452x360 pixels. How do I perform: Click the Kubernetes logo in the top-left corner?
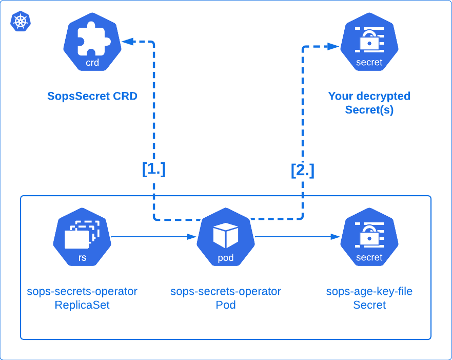point(21,21)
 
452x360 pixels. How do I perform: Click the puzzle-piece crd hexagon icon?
point(92,42)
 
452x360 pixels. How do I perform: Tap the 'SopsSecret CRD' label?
point(92,96)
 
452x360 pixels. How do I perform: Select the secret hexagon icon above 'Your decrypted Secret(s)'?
point(369,42)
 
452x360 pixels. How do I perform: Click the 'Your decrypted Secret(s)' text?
point(369,103)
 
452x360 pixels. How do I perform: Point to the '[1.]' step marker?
point(154,169)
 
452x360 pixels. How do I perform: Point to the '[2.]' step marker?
point(303,169)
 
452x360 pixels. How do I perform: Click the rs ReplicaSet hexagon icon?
point(82,237)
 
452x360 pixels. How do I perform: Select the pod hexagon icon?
point(226,237)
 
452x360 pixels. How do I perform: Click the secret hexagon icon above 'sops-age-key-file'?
point(369,237)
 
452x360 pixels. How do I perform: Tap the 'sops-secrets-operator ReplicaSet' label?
point(82,298)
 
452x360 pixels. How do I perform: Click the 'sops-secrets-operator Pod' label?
point(226,298)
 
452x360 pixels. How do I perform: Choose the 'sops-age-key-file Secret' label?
point(369,298)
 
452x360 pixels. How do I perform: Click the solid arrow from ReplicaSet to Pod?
point(154,237)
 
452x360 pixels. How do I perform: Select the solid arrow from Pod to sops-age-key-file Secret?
point(298,237)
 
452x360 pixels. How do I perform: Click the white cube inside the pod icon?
point(226,235)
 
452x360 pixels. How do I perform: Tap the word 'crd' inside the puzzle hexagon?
point(92,63)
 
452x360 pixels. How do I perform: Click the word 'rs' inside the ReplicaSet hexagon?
point(82,258)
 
